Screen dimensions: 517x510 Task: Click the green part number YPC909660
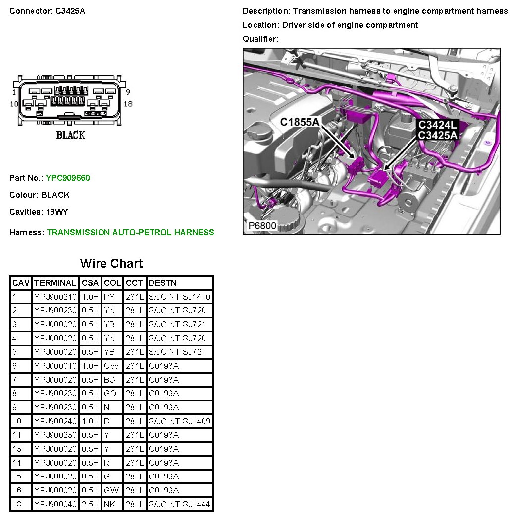click(68, 178)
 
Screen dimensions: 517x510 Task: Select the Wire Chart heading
click(111, 263)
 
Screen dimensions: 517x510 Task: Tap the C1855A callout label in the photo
click(300, 122)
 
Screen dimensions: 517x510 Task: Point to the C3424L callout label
click(437, 126)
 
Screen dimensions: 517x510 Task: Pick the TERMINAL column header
click(55, 283)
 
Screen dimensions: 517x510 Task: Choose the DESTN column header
click(162, 283)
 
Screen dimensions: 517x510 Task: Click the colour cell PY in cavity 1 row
click(109, 297)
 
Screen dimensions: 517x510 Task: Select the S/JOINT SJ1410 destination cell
click(179, 297)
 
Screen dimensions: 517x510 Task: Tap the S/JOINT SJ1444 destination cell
click(179, 504)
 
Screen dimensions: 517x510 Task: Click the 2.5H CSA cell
click(90, 504)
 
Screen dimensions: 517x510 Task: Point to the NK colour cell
click(109, 504)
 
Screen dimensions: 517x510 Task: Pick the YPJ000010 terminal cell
click(55, 366)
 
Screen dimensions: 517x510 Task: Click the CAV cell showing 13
click(18, 449)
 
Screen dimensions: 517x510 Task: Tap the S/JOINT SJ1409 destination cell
click(179, 421)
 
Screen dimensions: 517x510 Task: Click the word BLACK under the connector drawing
click(70, 135)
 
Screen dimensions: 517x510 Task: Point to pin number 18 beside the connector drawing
click(128, 104)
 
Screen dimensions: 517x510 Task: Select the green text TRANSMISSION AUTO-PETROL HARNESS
click(130, 232)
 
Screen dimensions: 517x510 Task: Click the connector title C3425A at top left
click(70, 11)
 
